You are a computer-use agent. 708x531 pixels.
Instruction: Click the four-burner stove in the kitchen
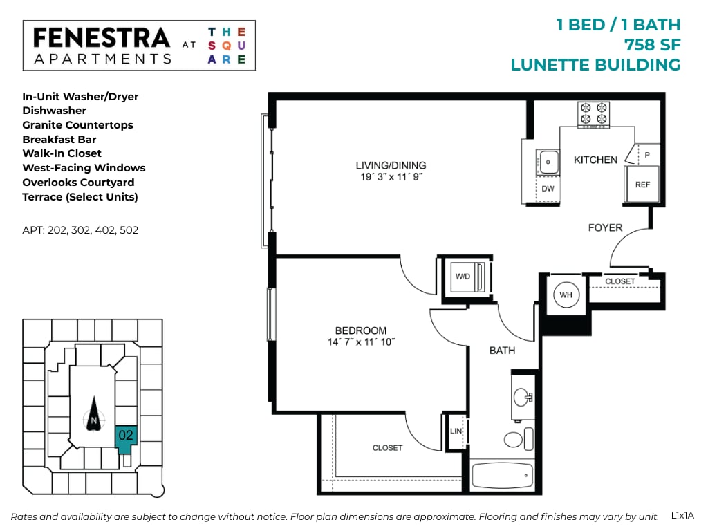tap(594, 114)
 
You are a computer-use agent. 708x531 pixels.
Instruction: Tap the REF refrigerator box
tap(642, 185)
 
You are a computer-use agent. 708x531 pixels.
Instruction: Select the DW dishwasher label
tap(548, 189)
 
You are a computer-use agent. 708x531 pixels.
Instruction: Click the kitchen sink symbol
tap(548, 162)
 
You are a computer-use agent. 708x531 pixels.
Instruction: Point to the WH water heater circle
tap(566, 296)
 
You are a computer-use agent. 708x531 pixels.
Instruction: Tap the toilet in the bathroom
tap(513, 439)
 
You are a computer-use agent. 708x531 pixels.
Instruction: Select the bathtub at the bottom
tap(502, 476)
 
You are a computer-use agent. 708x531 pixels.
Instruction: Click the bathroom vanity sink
tap(522, 397)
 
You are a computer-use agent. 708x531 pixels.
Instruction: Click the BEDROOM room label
tap(361, 330)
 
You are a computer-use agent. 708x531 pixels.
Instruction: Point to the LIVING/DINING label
tap(391, 165)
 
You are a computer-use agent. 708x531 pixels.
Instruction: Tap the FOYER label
tap(605, 227)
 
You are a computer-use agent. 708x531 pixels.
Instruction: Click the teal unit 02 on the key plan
tap(126, 436)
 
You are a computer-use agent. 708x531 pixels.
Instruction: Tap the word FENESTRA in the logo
tap(101, 37)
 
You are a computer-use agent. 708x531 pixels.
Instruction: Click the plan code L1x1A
tap(682, 515)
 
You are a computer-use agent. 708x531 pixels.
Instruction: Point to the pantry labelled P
tap(647, 155)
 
